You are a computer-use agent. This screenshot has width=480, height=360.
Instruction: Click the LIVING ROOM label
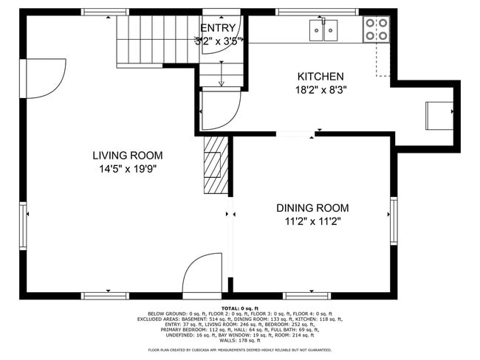[127, 156]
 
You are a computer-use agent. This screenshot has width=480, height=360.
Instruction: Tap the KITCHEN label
[320, 76]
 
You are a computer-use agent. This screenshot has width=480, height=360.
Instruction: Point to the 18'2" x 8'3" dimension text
[320, 89]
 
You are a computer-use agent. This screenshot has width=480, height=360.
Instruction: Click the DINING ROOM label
[312, 208]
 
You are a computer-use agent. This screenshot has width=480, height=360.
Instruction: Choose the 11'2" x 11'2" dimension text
[312, 221]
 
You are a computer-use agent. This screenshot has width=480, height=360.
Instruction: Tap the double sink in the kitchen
[323, 30]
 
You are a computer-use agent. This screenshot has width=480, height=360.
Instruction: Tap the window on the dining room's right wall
[393, 214]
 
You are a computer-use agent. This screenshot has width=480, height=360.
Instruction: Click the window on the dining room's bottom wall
[306, 295]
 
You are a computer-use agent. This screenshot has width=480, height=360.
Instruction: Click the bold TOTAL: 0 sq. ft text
[240, 308]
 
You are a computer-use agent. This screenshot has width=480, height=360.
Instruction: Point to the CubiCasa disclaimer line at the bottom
[240, 350]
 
